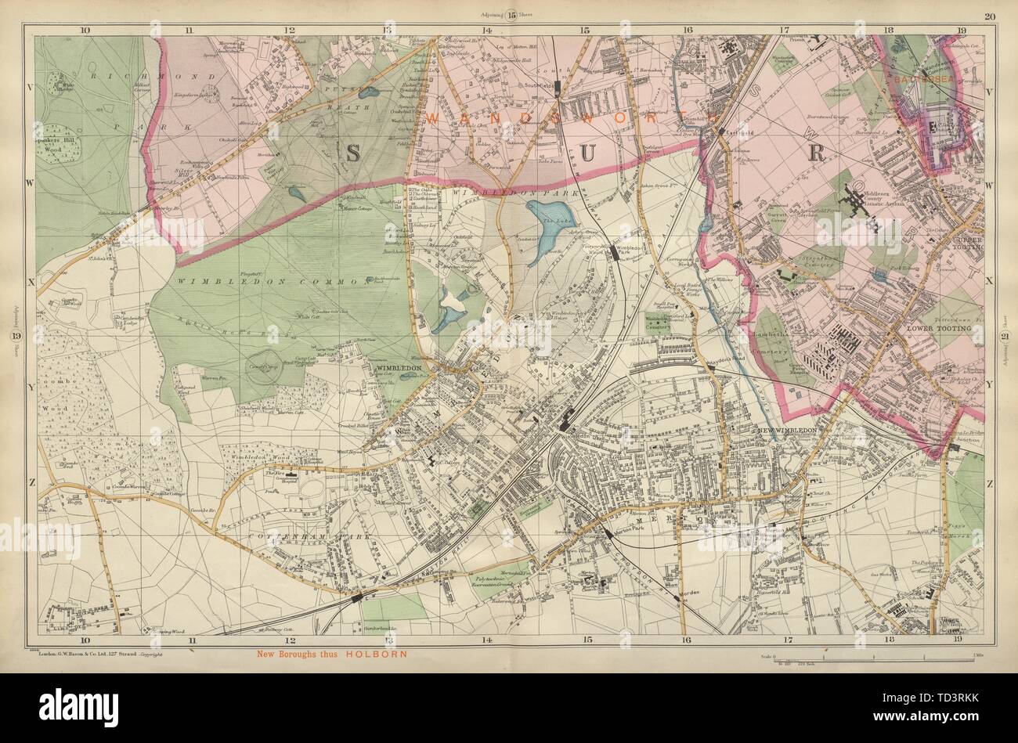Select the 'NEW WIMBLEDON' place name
[x=788, y=431]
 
